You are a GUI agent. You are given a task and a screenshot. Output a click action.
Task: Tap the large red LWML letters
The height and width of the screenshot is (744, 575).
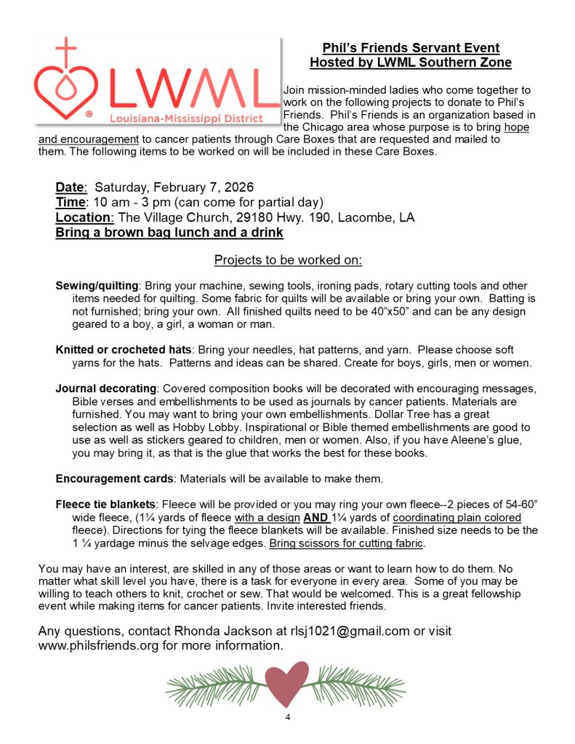click(x=193, y=84)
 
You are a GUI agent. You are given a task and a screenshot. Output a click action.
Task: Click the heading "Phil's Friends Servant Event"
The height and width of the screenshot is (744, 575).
click(x=411, y=49)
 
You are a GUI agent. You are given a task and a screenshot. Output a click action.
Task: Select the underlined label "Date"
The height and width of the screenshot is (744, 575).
click(x=71, y=187)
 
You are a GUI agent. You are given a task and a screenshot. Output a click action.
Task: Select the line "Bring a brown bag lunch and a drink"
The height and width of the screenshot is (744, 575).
click(x=169, y=233)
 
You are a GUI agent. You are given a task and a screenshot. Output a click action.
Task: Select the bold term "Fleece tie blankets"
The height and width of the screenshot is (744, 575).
click(x=106, y=504)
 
